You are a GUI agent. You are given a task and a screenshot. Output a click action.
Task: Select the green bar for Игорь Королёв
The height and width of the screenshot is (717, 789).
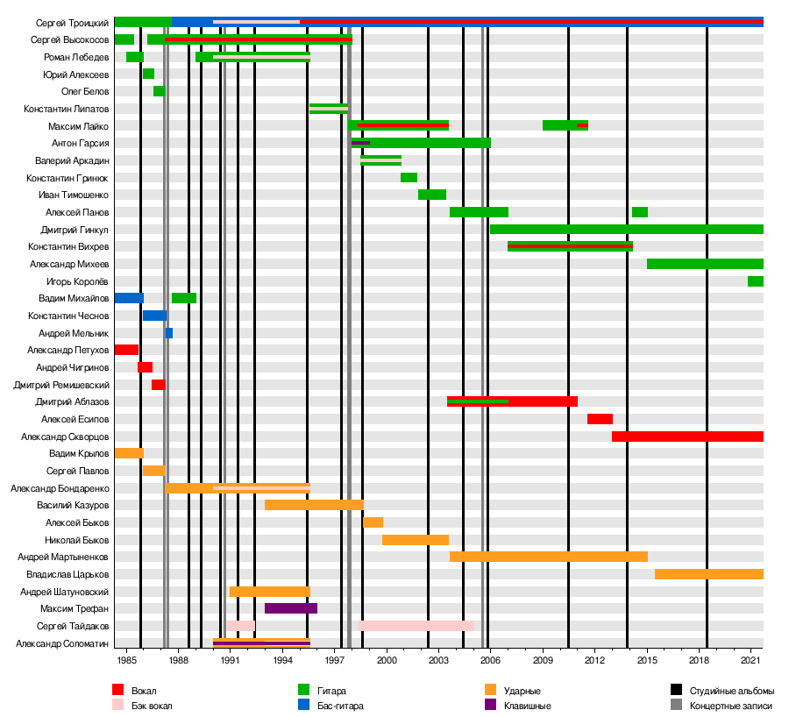click(755, 281)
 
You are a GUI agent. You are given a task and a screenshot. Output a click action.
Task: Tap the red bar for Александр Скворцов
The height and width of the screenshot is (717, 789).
click(687, 437)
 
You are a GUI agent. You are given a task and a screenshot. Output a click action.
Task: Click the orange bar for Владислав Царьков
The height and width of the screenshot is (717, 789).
click(708, 574)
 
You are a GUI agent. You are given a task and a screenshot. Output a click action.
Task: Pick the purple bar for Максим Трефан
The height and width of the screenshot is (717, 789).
click(290, 608)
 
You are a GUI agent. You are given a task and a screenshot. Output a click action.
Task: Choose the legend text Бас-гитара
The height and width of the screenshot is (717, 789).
click(340, 706)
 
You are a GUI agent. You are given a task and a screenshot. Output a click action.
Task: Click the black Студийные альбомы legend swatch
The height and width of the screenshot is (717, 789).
click(676, 691)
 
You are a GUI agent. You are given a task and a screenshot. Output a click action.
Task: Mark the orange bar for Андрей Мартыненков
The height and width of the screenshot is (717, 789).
click(548, 557)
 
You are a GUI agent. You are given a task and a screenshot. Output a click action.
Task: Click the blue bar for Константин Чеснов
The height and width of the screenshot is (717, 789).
click(154, 316)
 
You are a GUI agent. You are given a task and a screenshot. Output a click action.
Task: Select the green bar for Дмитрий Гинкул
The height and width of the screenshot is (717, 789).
click(626, 230)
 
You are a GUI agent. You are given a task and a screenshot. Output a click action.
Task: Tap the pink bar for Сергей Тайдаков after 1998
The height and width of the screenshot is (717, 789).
click(416, 626)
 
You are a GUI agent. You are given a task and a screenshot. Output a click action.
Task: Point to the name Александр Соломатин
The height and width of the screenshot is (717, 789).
click(62, 643)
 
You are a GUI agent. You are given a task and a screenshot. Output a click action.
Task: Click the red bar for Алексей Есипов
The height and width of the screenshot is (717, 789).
click(600, 419)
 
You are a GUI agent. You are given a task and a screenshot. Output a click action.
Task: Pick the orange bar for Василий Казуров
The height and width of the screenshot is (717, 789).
click(314, 505)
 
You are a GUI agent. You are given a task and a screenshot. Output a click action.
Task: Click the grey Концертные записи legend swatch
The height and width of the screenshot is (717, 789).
click(676, 705)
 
